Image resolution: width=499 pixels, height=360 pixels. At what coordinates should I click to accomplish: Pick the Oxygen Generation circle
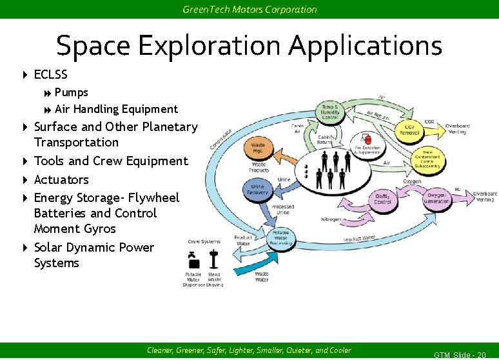pyautogui.click(x=437, y=198)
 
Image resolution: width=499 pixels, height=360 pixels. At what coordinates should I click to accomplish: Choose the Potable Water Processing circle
pyautogui.click(x=280, y=237)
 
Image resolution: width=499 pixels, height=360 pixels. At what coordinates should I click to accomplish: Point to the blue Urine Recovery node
pyautogui.click(x=258, y=190)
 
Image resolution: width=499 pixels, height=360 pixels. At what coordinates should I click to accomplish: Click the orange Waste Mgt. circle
pyautogui.click(x=258, y=148)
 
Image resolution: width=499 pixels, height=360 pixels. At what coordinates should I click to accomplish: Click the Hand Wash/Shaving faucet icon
pyautogui.click(x=214, y=259)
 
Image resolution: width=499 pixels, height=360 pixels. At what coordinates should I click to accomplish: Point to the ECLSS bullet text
pyautogui.click(x=50, y=75)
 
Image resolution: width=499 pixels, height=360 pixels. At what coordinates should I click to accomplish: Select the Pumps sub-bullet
pyautogui.click(x=72, y=92)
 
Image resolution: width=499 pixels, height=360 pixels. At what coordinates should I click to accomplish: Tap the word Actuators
pyautogui.click(x=61, y=179)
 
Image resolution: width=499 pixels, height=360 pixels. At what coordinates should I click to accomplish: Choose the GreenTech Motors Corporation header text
pyautogui.click(x=249, y=10)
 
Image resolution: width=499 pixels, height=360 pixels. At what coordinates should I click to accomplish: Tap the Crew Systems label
pyautogui.click(x=204, y=242)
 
